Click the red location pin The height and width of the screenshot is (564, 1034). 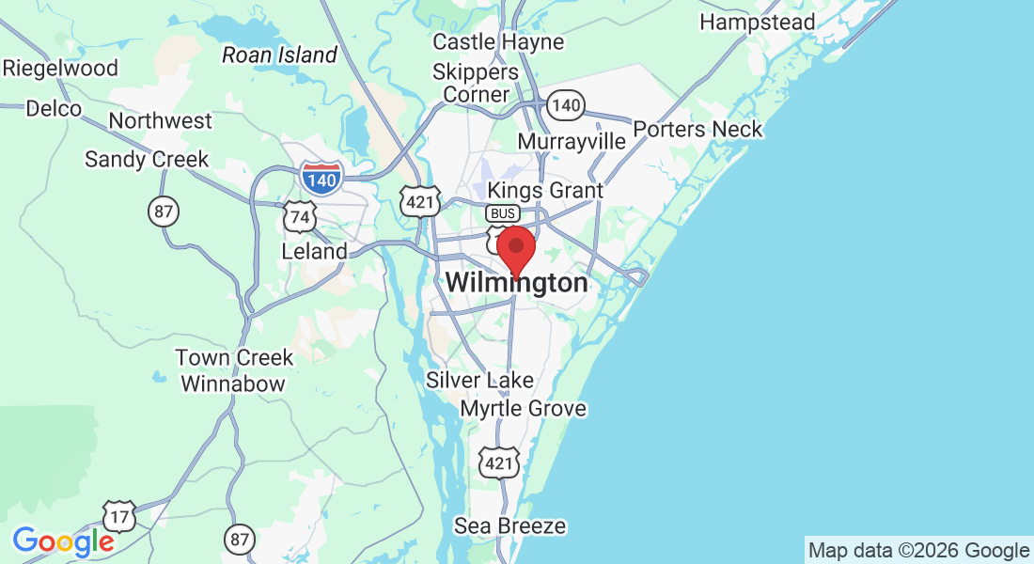(515, 249)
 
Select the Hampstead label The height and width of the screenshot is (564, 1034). (758, 21)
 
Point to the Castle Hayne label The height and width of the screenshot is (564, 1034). (498, 42)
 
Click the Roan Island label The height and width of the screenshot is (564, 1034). (279, 55)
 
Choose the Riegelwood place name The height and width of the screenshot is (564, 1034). (60, 69)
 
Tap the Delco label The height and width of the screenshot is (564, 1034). (54, 109)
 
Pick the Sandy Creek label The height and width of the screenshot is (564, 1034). (147, 160)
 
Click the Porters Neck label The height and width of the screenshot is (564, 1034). (697, 129)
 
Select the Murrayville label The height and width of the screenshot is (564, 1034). (572, 141)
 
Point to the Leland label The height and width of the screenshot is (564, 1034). (314, 252)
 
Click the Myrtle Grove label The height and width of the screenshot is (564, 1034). (523, 409)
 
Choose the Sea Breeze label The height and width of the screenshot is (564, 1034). (509, 525)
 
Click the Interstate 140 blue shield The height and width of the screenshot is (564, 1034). (321, 176)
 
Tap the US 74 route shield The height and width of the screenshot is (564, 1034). (300, 216)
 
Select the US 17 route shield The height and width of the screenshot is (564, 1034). (119, 515)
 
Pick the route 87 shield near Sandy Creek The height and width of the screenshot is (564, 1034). (164, 211)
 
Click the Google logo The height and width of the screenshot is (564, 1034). (63, 541)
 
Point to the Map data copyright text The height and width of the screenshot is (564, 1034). (919, 551)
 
